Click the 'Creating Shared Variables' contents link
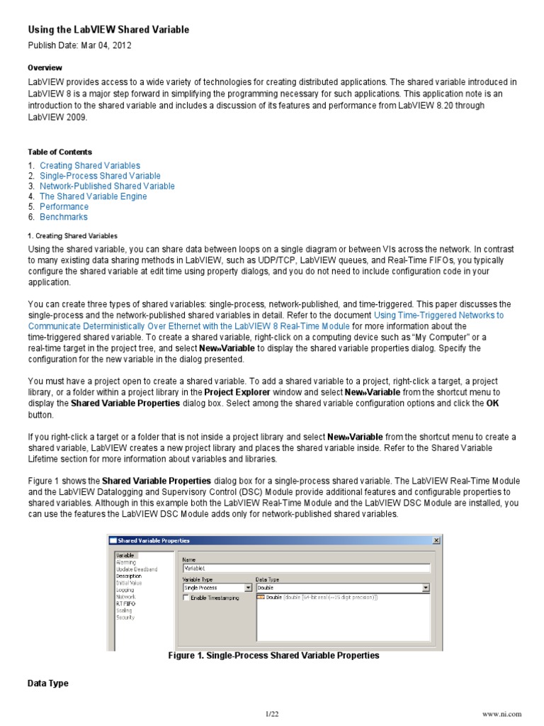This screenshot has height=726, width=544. coord(90,165)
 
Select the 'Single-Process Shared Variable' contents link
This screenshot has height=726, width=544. coord(100,176)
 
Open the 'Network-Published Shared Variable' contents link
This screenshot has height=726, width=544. coord(107,186)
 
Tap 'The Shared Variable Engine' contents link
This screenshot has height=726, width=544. coord(93,196)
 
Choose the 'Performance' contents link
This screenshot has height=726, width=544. coord(64,207)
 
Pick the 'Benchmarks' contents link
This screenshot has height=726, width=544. coord(64,217)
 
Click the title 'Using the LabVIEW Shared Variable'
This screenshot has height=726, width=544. coord(108,30)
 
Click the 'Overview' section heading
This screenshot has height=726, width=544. coord(45,67)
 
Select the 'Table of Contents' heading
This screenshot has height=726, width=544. coord(59,152)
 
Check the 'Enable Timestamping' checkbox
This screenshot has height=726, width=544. coord(187,598)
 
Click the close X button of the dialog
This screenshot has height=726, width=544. coord(436,540)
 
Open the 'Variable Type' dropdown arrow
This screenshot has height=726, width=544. coord(249,588)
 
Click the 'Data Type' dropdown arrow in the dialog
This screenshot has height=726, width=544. coord(426,588)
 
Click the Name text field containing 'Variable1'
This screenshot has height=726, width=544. coord(306,568)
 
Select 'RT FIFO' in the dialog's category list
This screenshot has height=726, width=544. coord(125,603)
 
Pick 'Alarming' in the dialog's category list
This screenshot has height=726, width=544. coord(126,562)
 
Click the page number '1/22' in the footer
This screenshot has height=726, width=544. coord(273,713)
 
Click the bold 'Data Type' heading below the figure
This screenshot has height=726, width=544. coord(48,683)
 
